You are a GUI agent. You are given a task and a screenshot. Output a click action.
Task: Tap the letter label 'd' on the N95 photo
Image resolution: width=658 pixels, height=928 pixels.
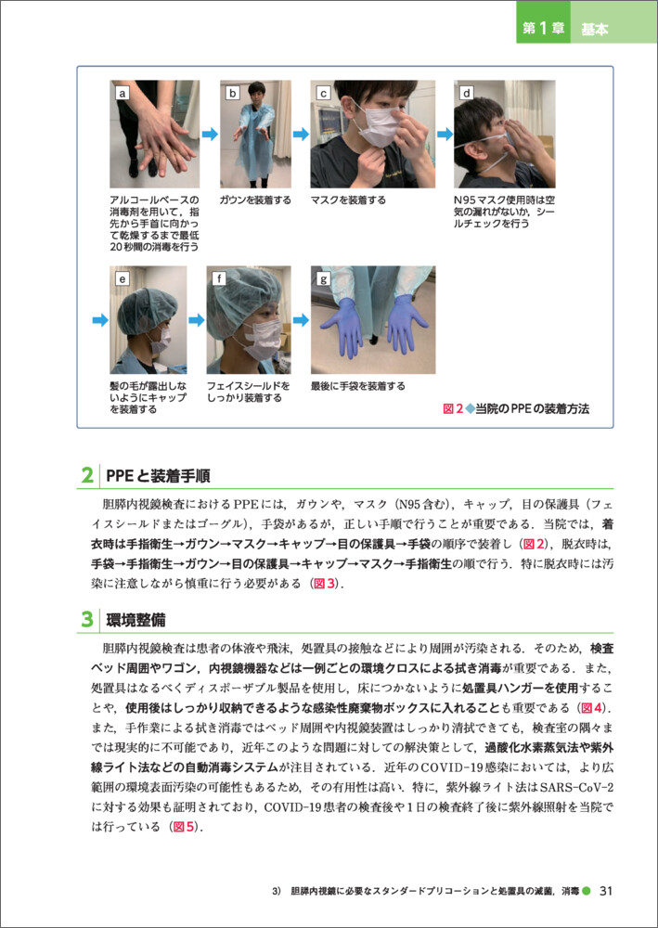click(x=468, y=93)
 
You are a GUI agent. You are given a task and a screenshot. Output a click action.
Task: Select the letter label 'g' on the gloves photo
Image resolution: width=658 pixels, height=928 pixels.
click(x=323, y=278)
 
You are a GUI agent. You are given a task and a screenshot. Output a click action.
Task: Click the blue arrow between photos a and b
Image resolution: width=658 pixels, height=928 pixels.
click(x=210, y=135)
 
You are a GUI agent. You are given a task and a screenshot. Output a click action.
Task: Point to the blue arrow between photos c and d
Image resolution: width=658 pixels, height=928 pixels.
click(x=445, y=135)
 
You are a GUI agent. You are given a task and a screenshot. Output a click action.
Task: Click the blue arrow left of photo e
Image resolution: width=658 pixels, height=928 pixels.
click(x=100, y=320)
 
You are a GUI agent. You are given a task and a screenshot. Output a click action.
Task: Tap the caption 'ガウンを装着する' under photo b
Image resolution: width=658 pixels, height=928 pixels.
click(x=255, y=200)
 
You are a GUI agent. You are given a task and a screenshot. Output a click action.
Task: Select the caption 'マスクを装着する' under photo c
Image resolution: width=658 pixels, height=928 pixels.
click(x=349, y=200)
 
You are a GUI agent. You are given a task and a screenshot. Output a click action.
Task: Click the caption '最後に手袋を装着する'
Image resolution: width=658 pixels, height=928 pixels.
click(x=358, y=386)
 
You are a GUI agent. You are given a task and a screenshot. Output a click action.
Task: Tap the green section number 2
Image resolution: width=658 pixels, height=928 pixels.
click(x=86, y=476)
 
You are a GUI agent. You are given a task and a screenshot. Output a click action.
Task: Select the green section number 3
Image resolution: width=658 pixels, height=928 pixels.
click(x=86, y=620)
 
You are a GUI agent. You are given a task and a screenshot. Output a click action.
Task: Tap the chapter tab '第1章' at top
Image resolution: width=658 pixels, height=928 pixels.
click(x=543, y=29)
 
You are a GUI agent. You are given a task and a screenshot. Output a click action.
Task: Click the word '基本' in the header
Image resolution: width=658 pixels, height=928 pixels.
click(x=595, y=30)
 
